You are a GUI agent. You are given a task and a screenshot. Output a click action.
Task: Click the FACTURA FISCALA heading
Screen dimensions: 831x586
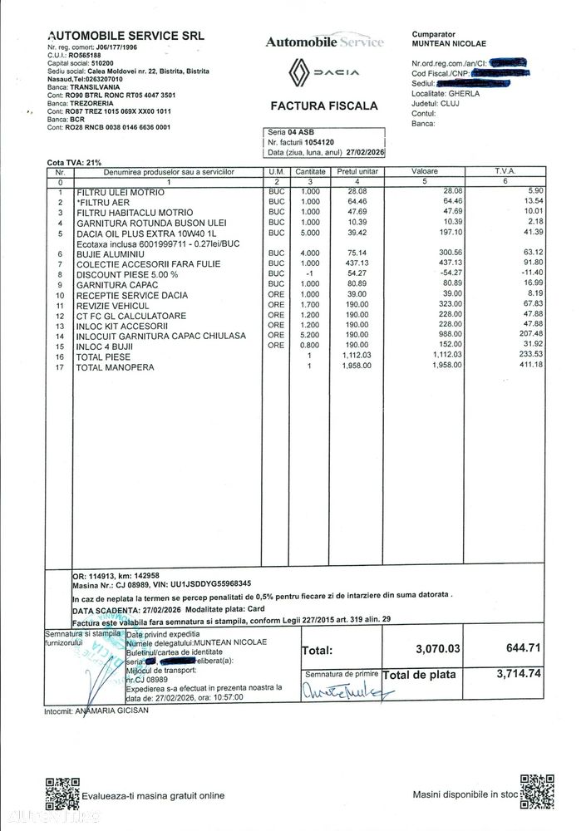click(x=324, y=106)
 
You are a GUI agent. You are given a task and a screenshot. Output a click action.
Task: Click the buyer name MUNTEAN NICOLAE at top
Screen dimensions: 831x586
click(x=449, y=43)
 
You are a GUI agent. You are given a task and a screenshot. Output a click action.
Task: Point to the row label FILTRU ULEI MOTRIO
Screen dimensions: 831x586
click(x=121, y=192)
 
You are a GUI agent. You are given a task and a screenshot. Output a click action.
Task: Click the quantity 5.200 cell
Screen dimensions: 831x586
click(x=309, y=335)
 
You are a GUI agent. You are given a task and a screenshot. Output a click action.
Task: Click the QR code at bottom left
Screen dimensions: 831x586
click(x=61, y=793)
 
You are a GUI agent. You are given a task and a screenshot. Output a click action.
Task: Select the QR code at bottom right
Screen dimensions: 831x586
click(x=537, y=792)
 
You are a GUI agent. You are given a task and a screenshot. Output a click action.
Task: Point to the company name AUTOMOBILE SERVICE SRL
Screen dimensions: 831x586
click(x=126, y=36)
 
